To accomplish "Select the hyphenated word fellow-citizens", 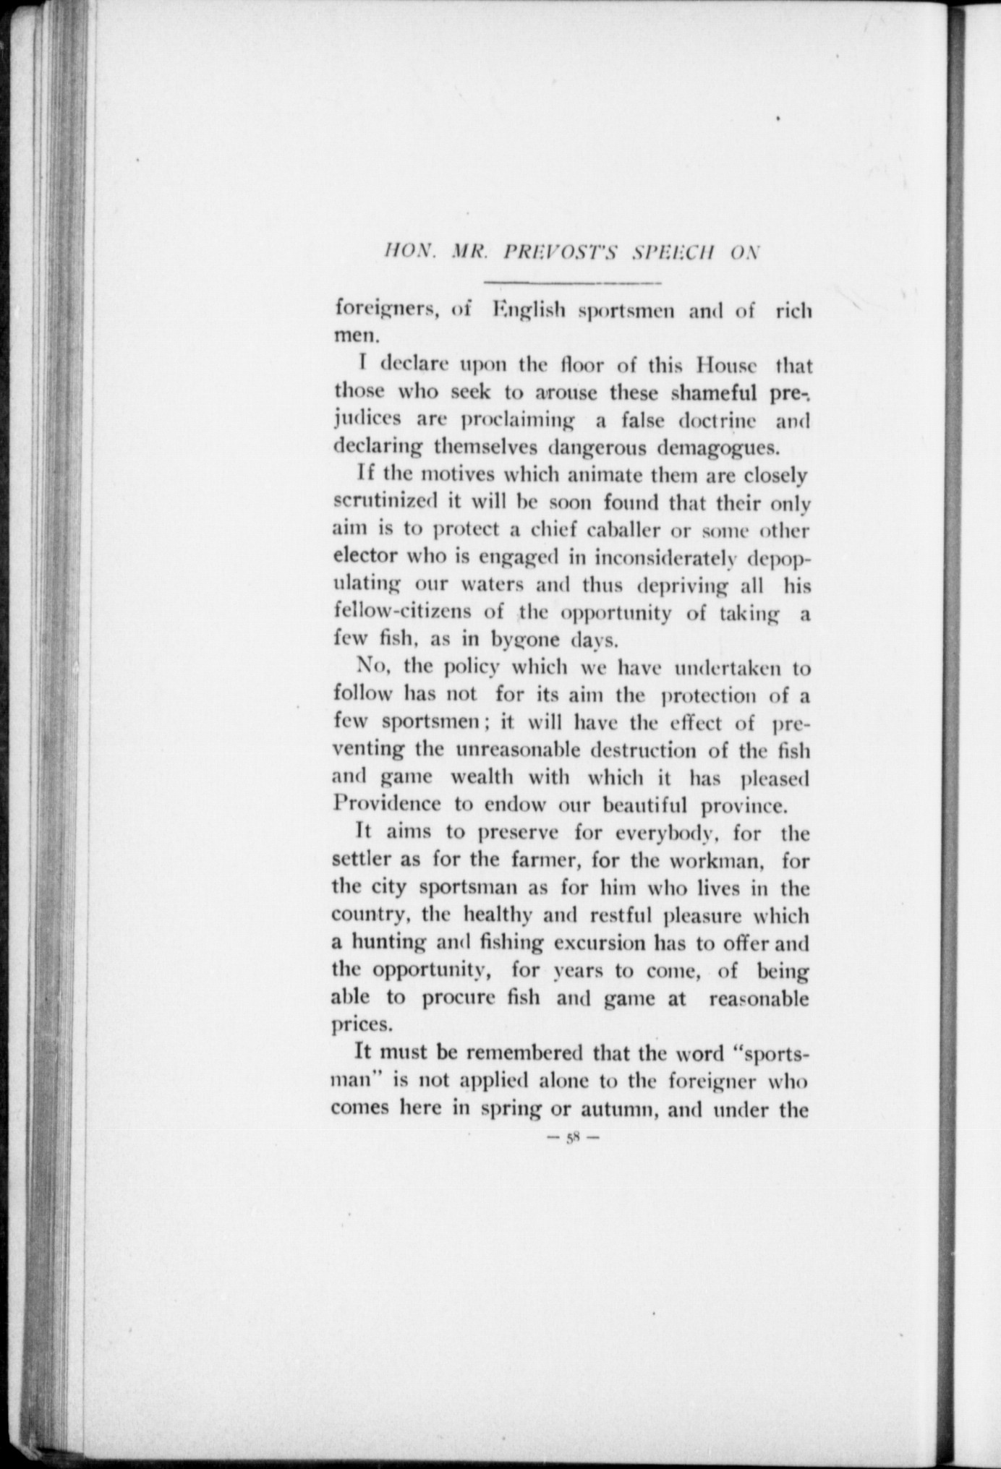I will tap(404, 612).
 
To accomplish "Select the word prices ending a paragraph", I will tap(362, 1024).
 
